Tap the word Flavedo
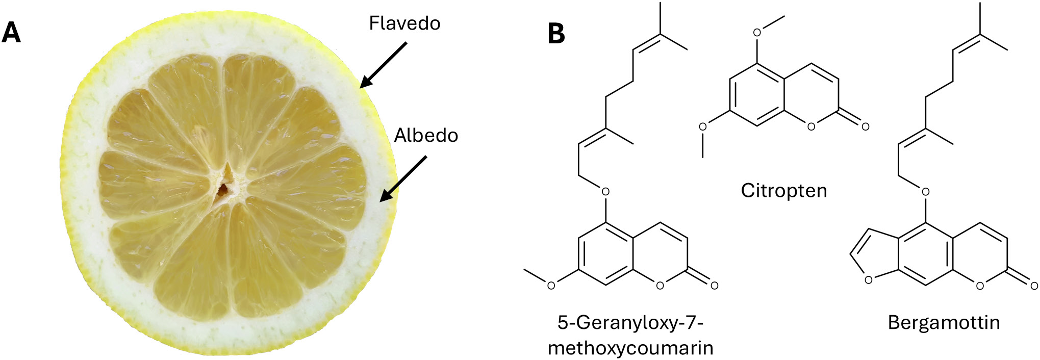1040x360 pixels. (x=404, y=23)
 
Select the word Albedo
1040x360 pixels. (x=426, y=136)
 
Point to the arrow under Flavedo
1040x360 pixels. (x=383, y=65)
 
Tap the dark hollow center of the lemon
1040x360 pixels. (x=223, y=190)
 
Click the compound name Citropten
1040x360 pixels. (x=784, y=191)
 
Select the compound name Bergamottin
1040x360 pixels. (x=944, y=323)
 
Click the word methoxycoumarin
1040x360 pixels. (x=630, y=348)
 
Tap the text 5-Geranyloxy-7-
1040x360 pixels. (x=630, y=322)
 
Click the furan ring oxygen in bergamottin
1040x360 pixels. (x=868, y=280)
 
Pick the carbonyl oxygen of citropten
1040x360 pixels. (x=865, y=126)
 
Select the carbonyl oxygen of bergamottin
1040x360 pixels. (x=1034, y=285)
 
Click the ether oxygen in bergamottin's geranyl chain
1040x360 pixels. (x=925, y=192)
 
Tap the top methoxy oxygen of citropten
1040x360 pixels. (x=757, y=33)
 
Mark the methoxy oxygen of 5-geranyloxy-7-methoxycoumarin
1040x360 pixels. (x=551, y=286)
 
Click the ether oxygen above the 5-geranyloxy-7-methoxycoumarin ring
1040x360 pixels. (x=605, y=192)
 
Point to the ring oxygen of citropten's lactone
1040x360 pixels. (x=811, y=126)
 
